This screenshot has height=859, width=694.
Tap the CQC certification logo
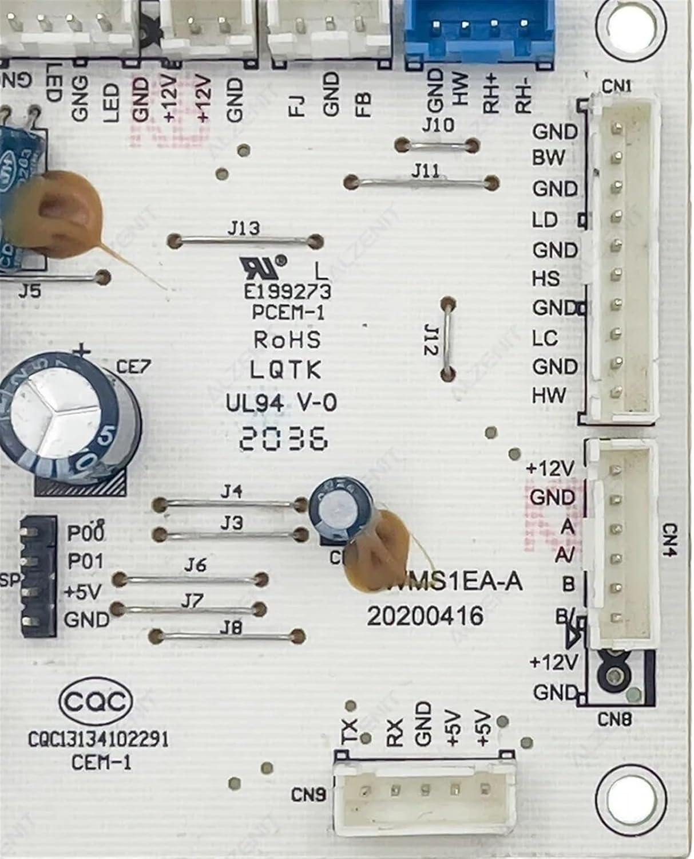[x=96, y=702]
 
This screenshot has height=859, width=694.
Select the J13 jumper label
[x=243, y=228]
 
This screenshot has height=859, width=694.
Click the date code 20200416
[x=425, y=617]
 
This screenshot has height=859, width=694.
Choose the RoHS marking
[x=287, y=340]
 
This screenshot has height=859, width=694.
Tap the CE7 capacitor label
[x=134, y=366]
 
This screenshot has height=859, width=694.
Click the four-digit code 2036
[x=284, y=440]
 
